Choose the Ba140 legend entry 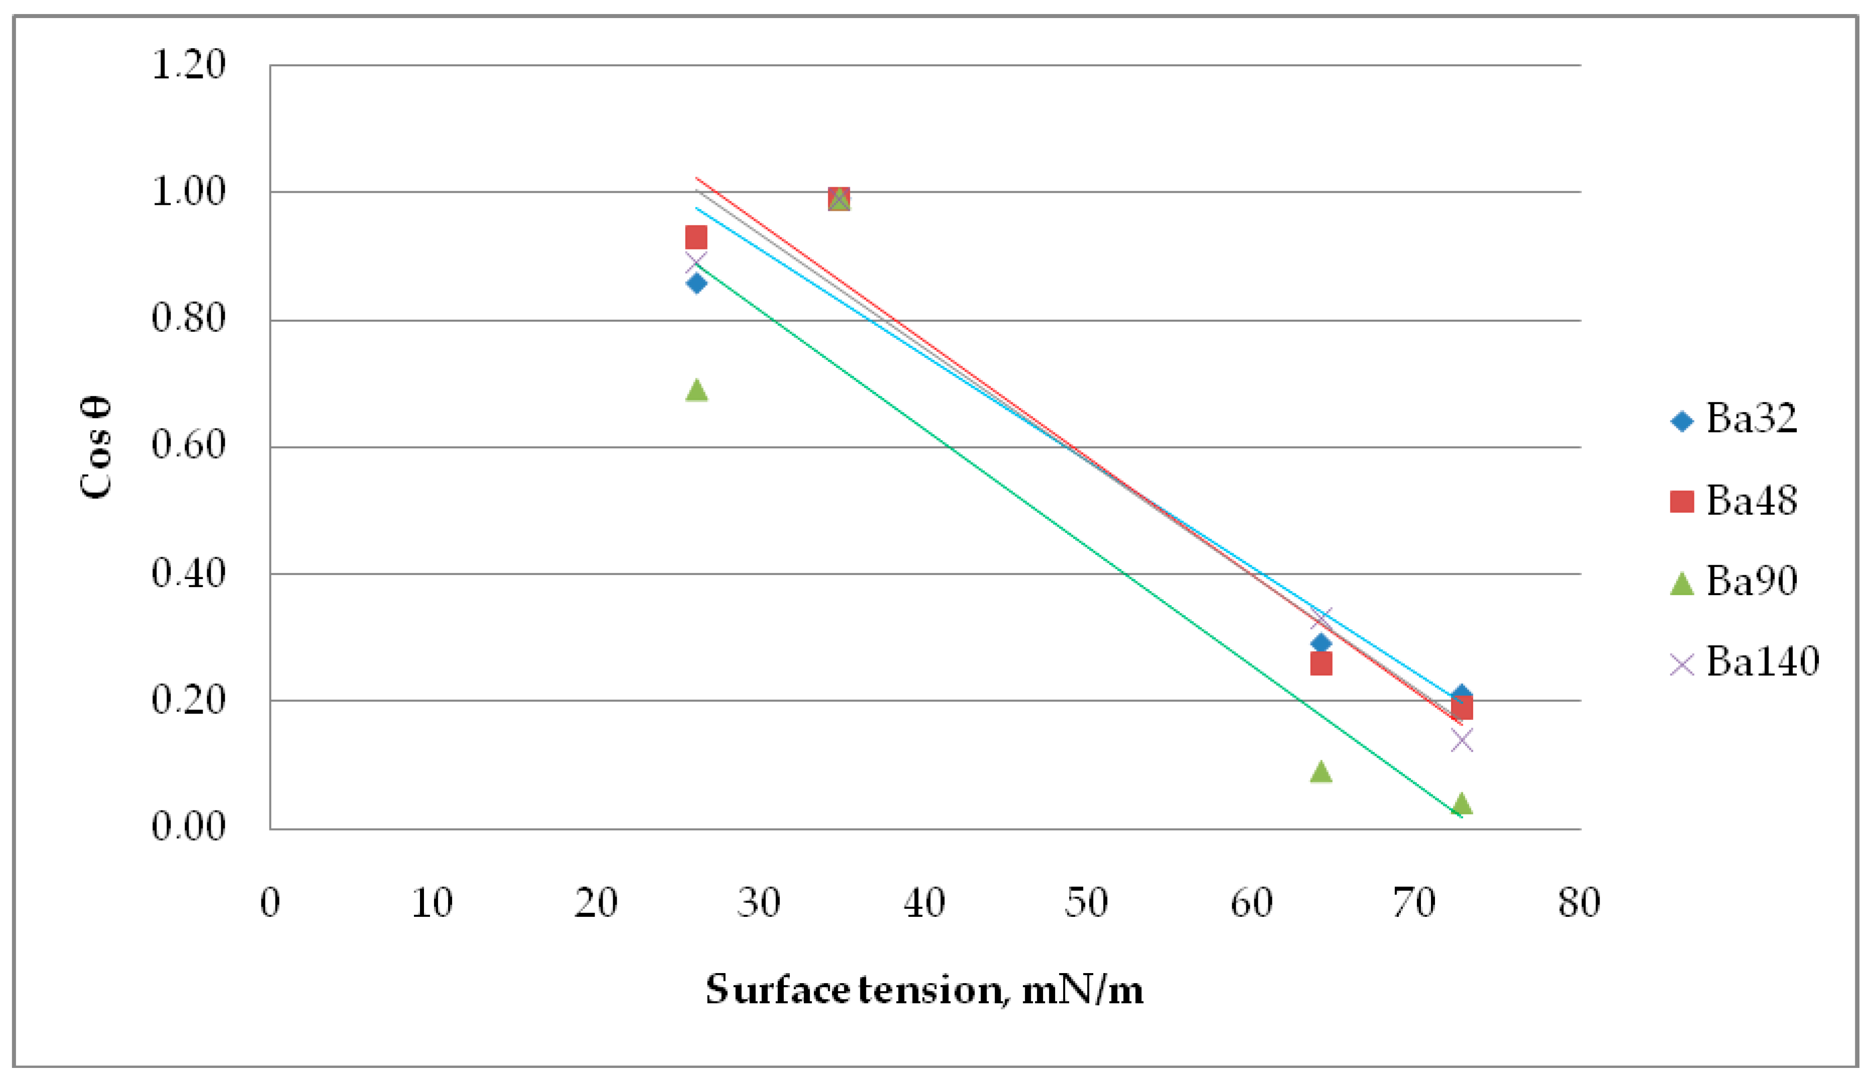pos(1745,661)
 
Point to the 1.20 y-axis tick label pos(188,65)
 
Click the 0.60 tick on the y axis pos(188,446)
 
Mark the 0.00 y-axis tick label pos(188,827)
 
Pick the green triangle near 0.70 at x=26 pos(696,390)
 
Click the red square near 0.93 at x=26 pos(696,238)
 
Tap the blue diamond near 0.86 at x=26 pos(696,284)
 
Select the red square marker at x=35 pos(839,199)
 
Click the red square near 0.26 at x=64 pos(1321,663)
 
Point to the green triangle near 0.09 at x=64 pos(1321,771)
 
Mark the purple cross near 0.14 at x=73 pos(1461,740)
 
